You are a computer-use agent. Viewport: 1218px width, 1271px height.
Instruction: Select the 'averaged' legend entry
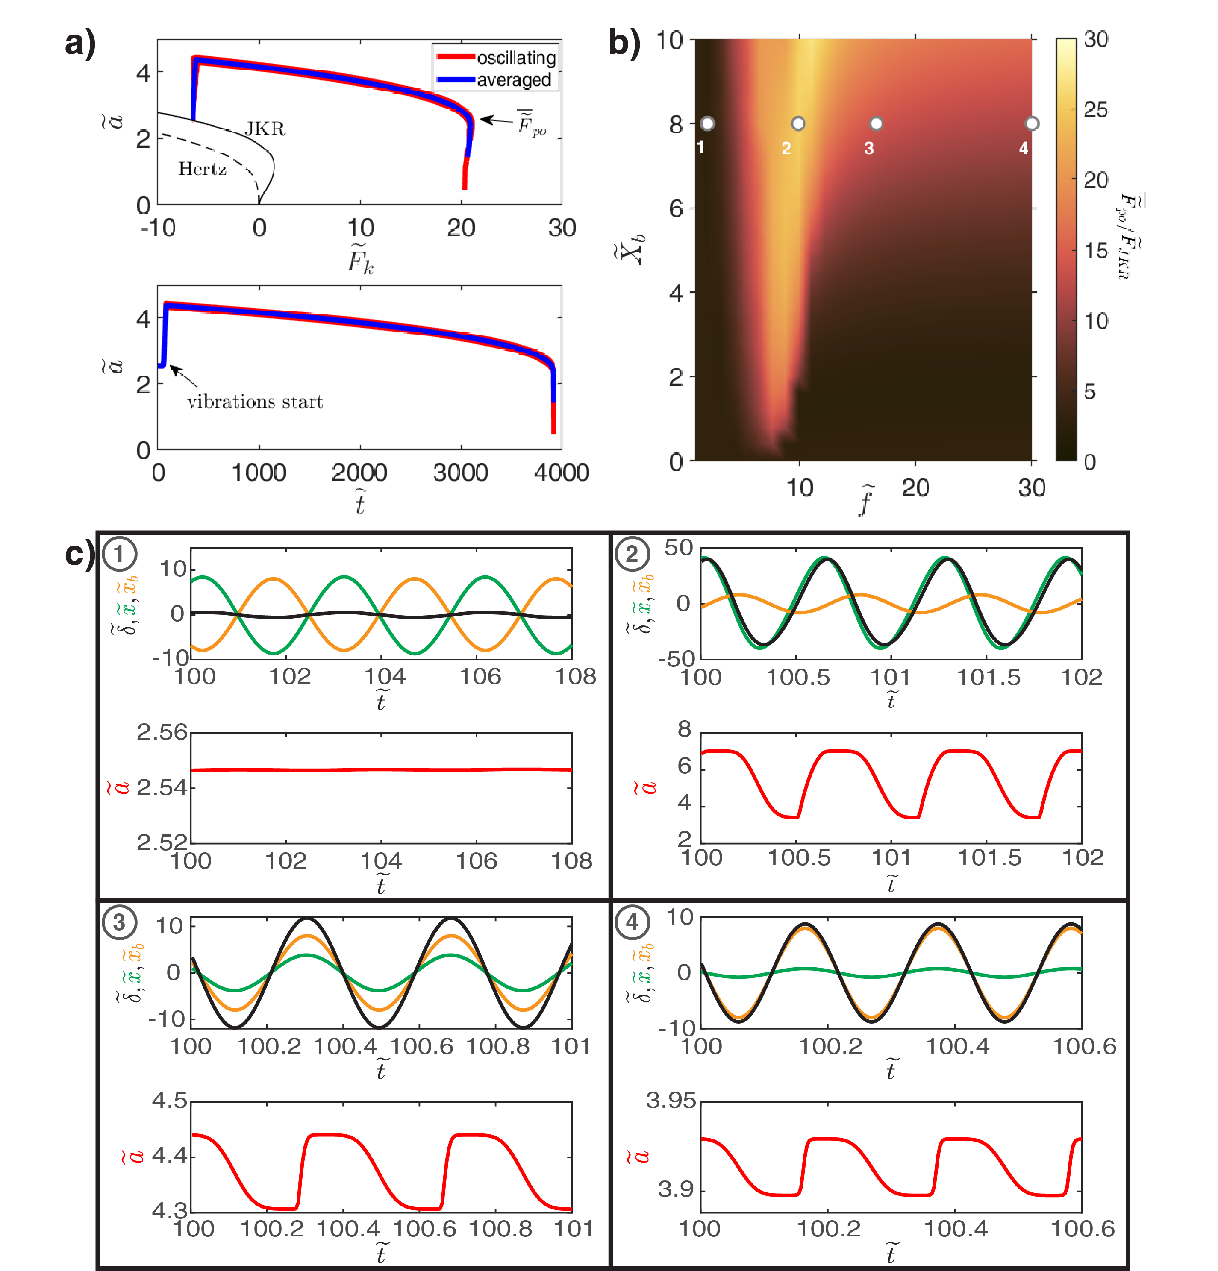click(514, 80)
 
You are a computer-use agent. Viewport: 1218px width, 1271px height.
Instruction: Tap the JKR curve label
click(265, 129)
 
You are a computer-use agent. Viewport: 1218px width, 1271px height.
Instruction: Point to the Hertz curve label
click(202, 169)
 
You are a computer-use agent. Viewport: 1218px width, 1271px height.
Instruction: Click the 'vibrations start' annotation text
click(255, 402)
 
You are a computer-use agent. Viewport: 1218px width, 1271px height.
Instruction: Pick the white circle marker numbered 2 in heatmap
click(798, 123)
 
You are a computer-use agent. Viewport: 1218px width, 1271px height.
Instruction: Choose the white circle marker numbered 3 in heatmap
click(876, 123)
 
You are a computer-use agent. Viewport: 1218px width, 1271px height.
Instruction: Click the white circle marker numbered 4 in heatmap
click(1032, 123)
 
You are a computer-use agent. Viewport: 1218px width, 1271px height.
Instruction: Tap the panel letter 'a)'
click(80, 44)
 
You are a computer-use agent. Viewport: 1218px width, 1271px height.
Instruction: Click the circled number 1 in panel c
click(119, 554)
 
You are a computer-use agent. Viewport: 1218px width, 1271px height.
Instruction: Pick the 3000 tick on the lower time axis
click(460, 473)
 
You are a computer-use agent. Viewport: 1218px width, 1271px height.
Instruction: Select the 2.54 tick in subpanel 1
click(162, 788)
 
